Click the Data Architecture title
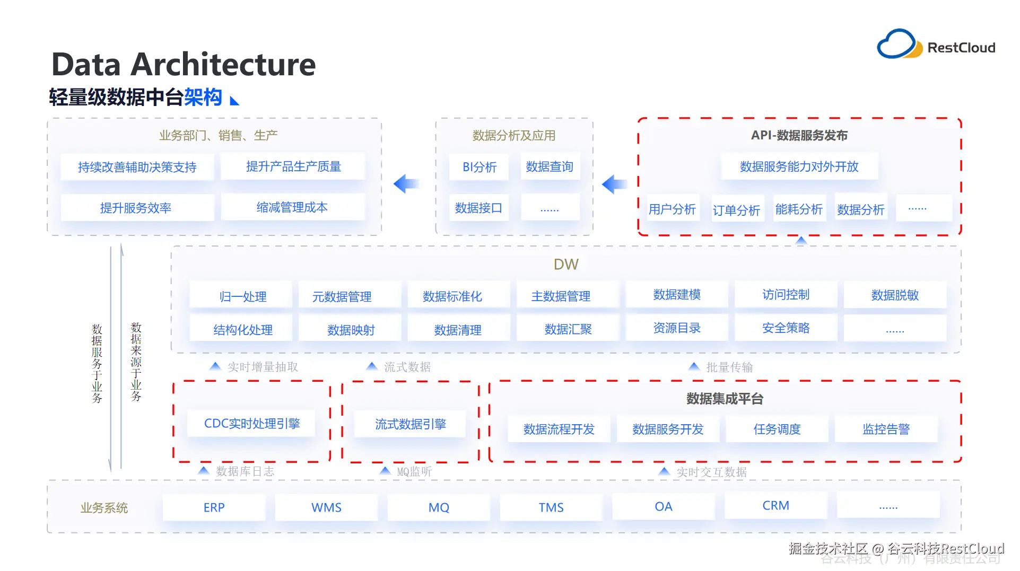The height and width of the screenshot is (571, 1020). pos(184,65)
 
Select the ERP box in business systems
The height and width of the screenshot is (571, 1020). pos(214,507)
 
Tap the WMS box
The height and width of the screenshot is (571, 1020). pos(326,507)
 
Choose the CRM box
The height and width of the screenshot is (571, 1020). pos(775,506)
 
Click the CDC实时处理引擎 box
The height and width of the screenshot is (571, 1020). pos(252,424)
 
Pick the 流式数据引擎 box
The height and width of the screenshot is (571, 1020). pos(410,424)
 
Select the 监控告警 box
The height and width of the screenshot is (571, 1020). pos(886,429)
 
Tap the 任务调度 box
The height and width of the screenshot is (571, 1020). pos(777,429)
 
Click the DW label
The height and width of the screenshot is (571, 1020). pos(566,264)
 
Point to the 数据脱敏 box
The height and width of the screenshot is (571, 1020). pos(895,295)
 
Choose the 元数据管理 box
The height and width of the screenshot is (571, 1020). pos(342,296)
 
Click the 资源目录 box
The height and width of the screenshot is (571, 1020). pos(677,328)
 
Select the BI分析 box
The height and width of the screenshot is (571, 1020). pos(480,167)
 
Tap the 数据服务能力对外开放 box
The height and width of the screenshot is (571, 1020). pos(799,166)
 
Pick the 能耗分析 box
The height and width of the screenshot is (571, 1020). pos(799,209)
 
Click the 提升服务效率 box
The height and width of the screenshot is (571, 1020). pos(136,208)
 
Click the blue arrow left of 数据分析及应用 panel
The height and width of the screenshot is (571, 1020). pos(406,184)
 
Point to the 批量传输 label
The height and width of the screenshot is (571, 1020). pos(729,367)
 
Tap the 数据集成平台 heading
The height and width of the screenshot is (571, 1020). pos(725,399)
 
